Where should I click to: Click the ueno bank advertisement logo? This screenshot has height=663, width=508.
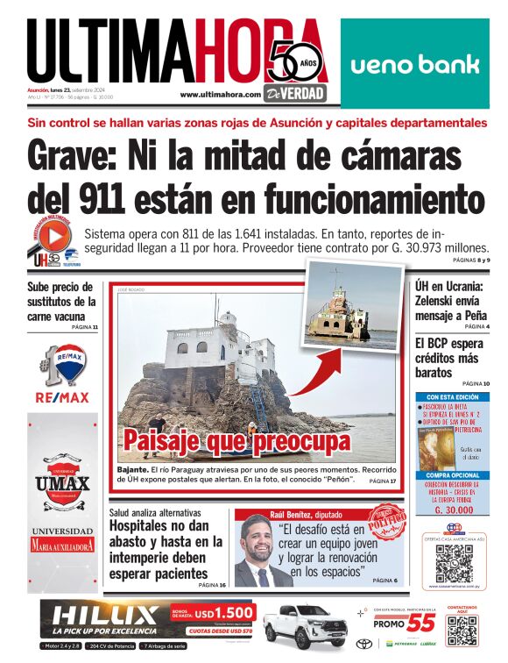414,64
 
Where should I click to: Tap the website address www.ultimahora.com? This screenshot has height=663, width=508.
220,94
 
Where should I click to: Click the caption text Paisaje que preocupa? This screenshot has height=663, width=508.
236,440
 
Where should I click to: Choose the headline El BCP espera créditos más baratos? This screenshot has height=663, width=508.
453,359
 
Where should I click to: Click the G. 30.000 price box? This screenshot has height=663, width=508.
454,508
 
